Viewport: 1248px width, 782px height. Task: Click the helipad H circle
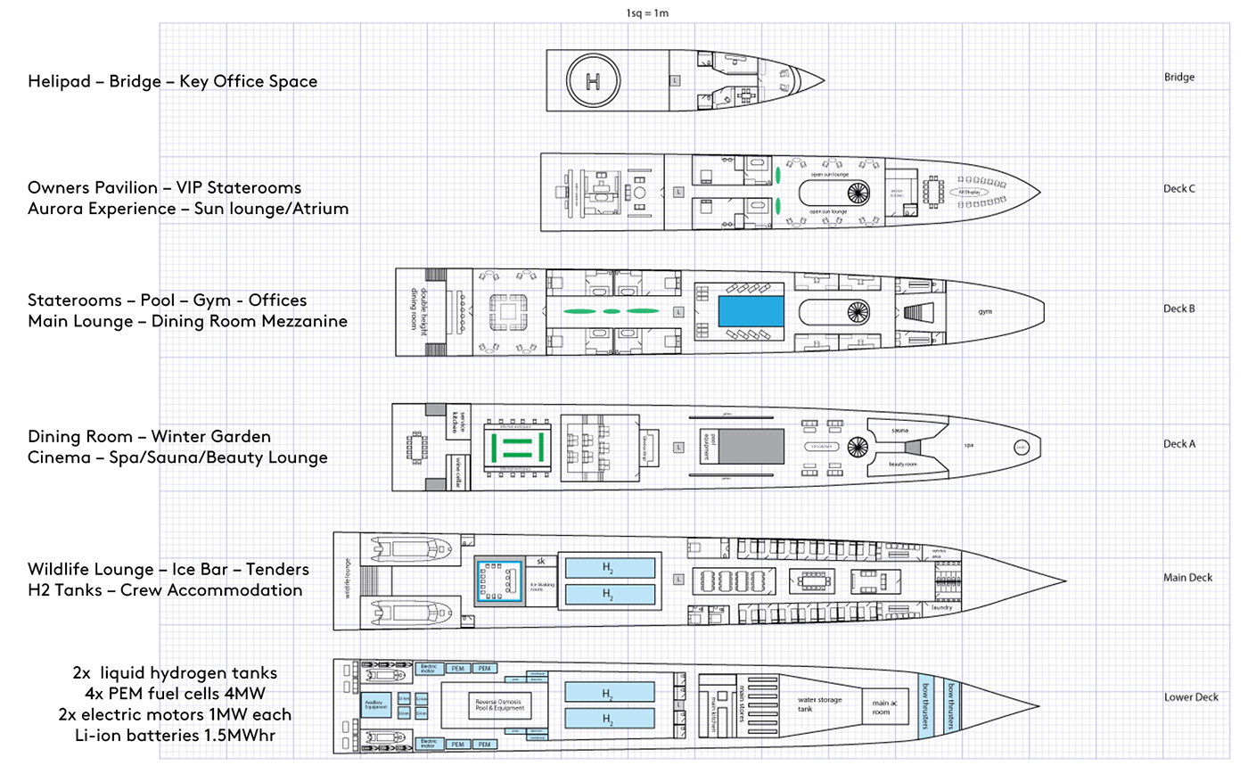[x=593, y=80]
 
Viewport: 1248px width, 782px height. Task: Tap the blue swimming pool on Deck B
[x=751, y=311]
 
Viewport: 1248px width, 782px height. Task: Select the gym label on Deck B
[x=985, y=312]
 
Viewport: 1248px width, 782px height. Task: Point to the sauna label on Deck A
[x=900, y=431]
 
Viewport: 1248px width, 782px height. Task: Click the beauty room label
[x=902, y=465]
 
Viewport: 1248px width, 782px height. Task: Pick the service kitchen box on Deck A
[x=457, y=421]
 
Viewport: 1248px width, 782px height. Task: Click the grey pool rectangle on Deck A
[x=751, y=446]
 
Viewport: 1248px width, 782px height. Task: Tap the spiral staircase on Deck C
[x=858, y=192]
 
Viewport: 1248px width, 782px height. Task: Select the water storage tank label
[x=819, y=704]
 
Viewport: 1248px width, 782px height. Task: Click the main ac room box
[x=881, y=707]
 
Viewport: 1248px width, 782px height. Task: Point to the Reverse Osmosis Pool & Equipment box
[x=499, y=705]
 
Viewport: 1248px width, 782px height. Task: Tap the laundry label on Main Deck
[x=941, y=607]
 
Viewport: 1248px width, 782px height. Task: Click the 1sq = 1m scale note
[x=647, y=13]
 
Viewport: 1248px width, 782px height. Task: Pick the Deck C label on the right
[x=1178, y=189]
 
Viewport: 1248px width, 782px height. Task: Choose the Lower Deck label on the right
[x=1190, y=697]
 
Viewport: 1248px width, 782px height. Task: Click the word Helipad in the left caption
[x=59, y=81]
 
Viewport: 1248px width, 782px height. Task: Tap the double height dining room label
[x=413, y=309]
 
